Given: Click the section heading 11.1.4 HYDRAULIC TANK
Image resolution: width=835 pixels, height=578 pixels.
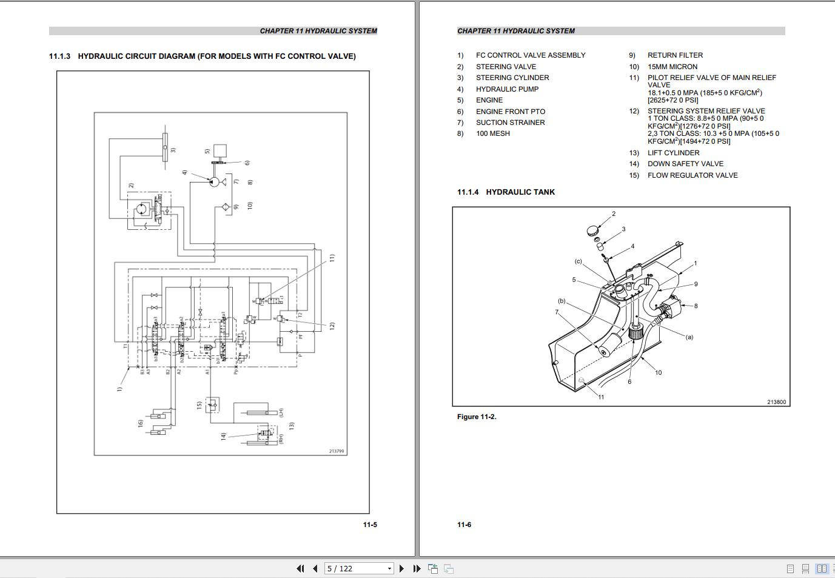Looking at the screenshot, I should pyautogui.click(x=506, y=192).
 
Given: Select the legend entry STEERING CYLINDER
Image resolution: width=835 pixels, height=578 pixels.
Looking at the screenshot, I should pyautogui.click(x=512, y=78).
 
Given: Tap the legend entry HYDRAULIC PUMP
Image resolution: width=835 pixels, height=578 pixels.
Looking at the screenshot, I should pyautogui.click(x=507, y=89).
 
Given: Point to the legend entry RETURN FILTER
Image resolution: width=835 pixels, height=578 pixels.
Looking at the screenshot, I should pyautogui.click(x=675, y=55).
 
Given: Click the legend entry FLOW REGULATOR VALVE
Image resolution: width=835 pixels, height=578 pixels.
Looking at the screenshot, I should pyautogui.click(x=692, y=175).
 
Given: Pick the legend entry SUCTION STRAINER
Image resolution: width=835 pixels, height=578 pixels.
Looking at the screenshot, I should pyautogui.click(x=510, y=123).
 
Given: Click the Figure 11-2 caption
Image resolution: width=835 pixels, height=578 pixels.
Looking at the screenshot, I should pyautogui.click(x=477, y=417).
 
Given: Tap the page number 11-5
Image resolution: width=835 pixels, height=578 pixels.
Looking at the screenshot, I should pyautogui.click(x=370, y=525).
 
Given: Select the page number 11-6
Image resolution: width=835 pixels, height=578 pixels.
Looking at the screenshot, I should pyautogui.click(x=464, y=525).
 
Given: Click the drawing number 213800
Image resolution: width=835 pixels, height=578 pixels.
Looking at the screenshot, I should pyautogui.click(x=776, y=402).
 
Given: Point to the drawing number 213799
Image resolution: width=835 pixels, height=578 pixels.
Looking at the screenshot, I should pyautogui.click(x=337, y=451).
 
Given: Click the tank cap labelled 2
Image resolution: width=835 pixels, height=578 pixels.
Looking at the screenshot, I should pyautogui.click(x=594, y=231).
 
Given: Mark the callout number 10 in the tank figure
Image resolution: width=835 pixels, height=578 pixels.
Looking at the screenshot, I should pyautogui.click(x=658, y=372).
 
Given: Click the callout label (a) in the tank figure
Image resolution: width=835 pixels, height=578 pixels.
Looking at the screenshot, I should pyautogui.click(x=689, y=337).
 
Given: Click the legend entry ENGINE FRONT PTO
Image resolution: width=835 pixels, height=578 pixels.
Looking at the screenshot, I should pyautogui.click(x=510, y=112).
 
